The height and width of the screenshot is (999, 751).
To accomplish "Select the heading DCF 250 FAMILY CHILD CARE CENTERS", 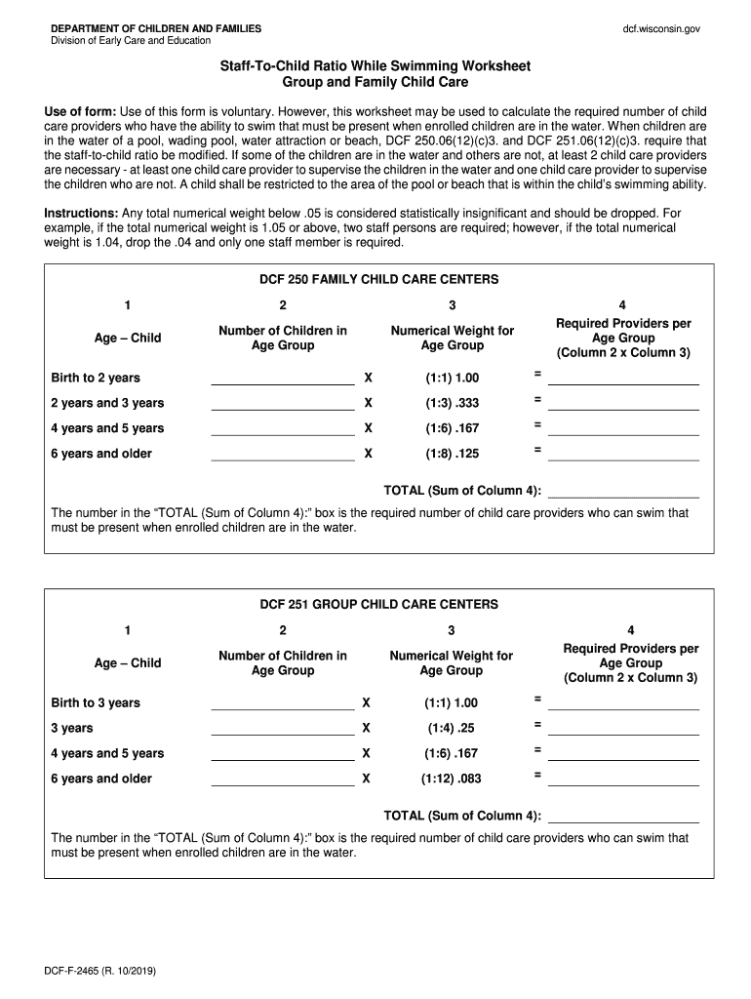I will click(378, 279).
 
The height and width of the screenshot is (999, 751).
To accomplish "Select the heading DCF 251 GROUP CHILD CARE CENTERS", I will click(378, 604).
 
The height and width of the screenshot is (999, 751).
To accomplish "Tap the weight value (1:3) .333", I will click(452, 403).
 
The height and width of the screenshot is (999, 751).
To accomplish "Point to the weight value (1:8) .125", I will click(452, 454).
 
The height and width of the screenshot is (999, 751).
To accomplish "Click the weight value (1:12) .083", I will click(451, 779).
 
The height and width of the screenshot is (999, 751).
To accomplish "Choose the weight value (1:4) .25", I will click(451, 728).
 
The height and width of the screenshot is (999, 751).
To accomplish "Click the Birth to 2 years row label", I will click(96, 378).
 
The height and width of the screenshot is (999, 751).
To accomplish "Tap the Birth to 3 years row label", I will click(96, 702).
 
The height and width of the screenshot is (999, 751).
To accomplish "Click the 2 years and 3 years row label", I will click(107, 403).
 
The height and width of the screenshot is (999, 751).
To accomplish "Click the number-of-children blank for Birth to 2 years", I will click(283, 378).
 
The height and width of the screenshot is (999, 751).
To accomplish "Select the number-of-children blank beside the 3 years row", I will click(283, 728).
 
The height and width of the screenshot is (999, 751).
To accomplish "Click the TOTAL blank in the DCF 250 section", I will click(623, 490).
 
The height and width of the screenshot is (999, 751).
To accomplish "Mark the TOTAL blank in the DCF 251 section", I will click(623, 815).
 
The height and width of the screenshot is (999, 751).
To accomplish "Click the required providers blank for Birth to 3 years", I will click(623, 702).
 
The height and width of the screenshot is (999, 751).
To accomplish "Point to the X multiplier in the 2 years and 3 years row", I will click(369, 403).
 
